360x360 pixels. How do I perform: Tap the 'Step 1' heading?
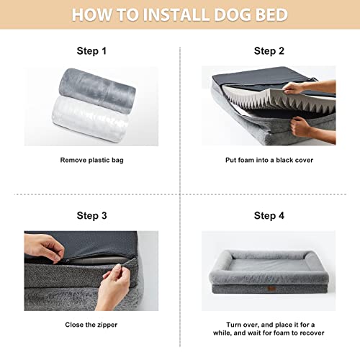pos(91,51)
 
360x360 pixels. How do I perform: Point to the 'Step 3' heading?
pos(91,215)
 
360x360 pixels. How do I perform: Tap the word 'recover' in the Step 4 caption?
pos(309,333)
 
